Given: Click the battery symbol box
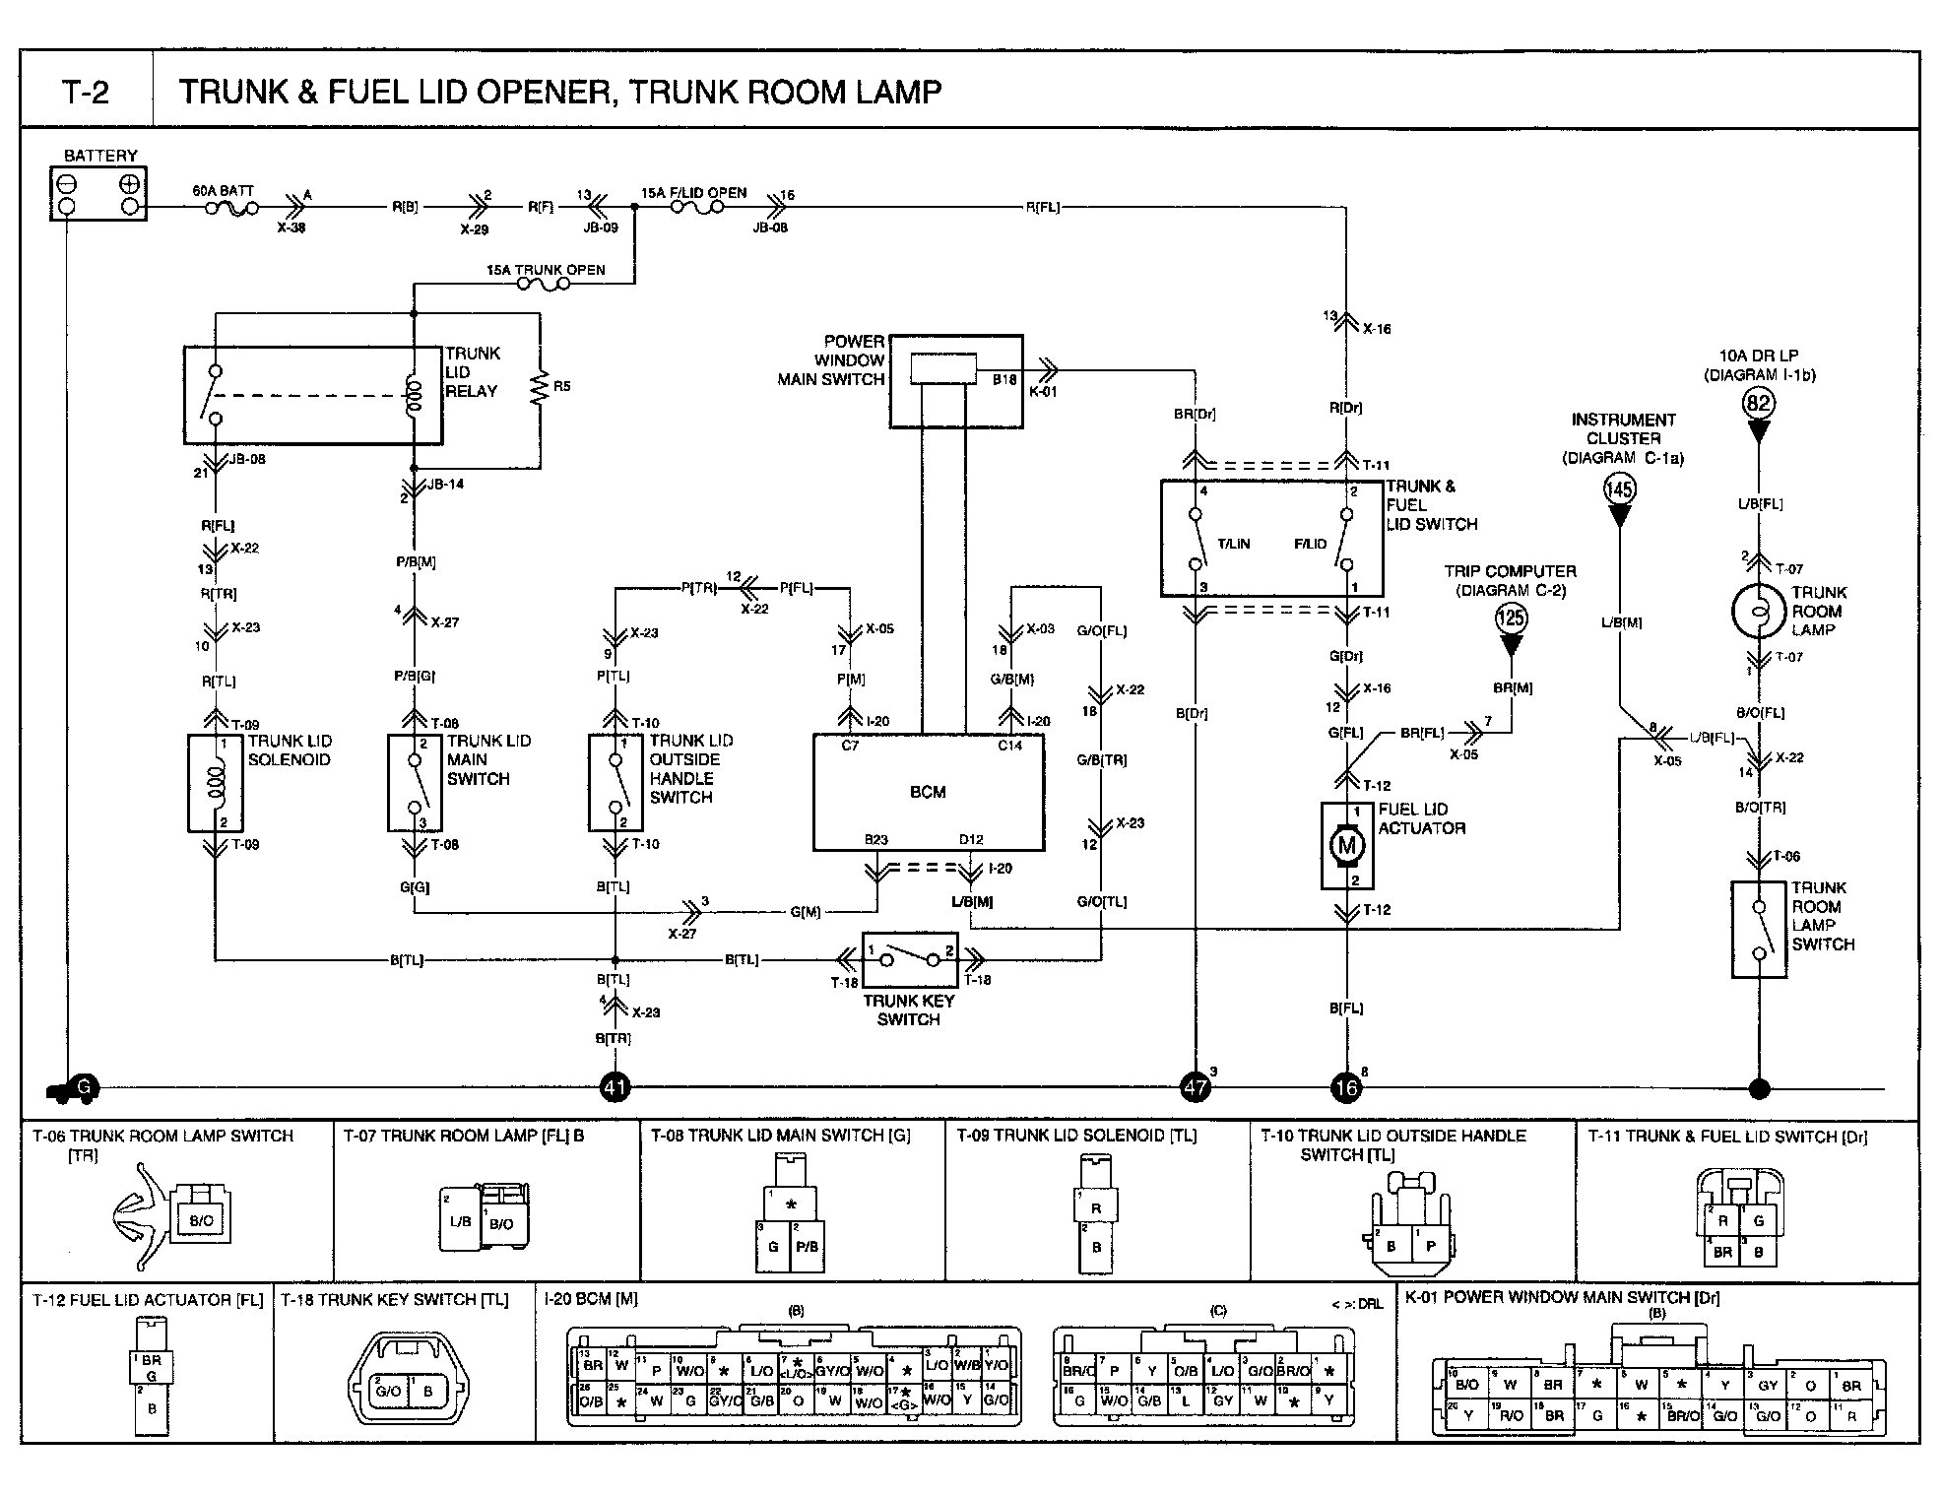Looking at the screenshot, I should [x=98, y=194].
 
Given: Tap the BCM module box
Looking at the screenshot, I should [x=928, y=792].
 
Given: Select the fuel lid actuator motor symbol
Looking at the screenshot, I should [x=1346, y=845].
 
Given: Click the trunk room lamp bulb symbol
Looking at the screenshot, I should [x=1759, y=611].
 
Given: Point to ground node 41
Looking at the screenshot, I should [x=615, y=1088].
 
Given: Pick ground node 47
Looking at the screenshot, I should [x=1196, y=1088].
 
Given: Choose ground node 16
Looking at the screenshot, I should [x=1345, y=1088].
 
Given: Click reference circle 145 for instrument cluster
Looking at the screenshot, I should [x=1619, y=488].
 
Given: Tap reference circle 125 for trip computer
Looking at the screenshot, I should [x=1511, y=618].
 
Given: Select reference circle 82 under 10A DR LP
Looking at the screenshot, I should [x=1759, y=403].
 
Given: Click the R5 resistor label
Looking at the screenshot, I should [x=561, y=386].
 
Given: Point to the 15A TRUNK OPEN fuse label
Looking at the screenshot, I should [x=546, y=270].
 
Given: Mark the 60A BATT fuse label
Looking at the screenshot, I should [x=224, y=191].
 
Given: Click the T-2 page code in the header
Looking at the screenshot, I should [x=87, y=92].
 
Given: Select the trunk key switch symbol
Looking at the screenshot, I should [x=910, y=959].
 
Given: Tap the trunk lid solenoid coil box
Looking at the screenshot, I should [x=215, y=783].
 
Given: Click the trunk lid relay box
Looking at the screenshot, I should [x=313, y=394].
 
